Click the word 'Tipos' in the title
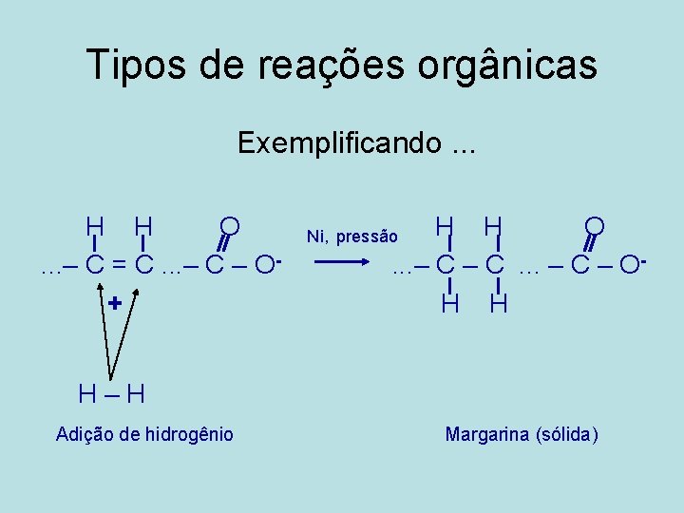pyautogui.click(x=129, y=65)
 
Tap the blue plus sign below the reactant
pyautogui.click(x=115, y=304)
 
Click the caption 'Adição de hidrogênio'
pyautogui.click(x=144, y=434)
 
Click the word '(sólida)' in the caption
pyautogui.click(x=567, y=435)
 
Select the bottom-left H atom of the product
pyautogui.click(x=450, y=304)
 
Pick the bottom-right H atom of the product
pyautogui.click(x=500, y=304)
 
